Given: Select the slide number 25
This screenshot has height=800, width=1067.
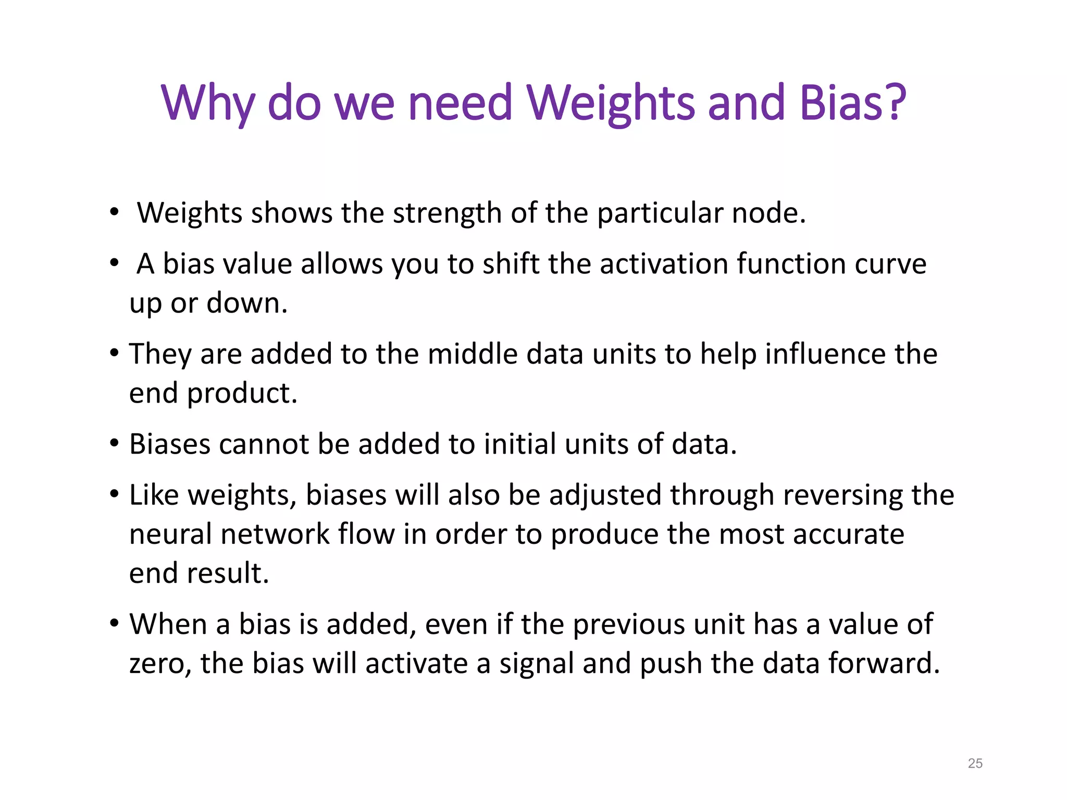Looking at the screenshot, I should tap(975, 763).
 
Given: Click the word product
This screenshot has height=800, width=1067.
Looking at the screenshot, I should tap(242, 393).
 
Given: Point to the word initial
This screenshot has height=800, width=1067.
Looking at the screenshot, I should tap(519, 444).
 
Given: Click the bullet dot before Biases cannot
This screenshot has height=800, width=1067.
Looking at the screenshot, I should tap(114, 444).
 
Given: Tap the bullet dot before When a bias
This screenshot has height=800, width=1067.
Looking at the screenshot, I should tap(114, 623).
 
